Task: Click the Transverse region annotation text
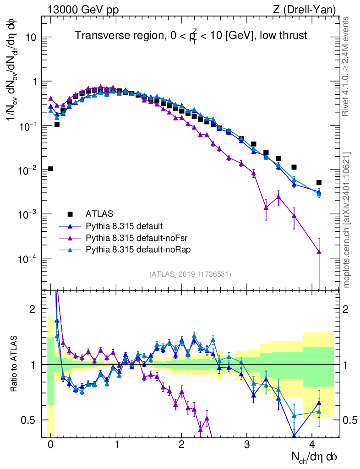[191, 36]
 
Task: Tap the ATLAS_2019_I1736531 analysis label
[190, 274]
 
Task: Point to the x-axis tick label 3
[247, 445]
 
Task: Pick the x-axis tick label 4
[312, 445]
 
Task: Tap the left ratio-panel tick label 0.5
[29, 420]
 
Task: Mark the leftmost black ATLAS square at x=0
[50, 169]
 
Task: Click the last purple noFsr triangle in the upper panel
[319, 251]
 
